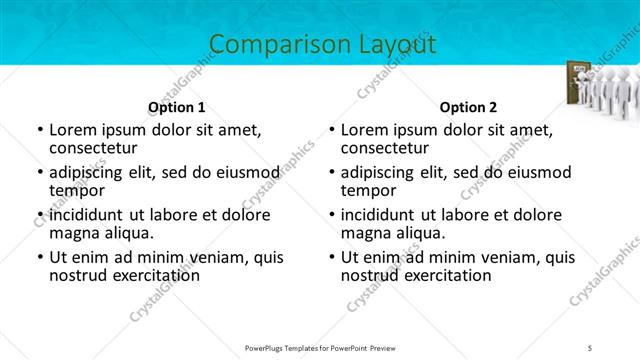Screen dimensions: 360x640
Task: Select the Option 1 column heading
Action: click(177, 107)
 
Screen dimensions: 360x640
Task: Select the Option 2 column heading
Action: click(468, 107)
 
